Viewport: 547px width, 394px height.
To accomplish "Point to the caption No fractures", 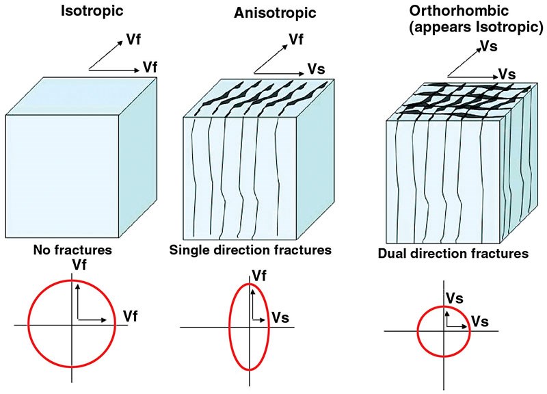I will pyautogui.click(x=72, y=250).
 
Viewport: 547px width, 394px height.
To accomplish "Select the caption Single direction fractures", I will pyautogui.click(x=250, y=250).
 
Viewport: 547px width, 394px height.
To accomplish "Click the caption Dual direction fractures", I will pyautogui.click(x=453, y=254).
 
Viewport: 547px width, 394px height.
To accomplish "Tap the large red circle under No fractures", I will pyautogui.click(x=29, y=323).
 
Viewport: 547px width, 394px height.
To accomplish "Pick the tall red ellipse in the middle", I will pyautogui.click(x=230, y=321).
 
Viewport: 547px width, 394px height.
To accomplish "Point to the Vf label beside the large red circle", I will pyautogui.click(x=131, y=315).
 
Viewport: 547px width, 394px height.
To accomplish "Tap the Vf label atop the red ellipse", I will pyautogui.click(x=260, y=276).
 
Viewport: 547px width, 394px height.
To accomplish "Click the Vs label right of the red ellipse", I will pyautogui.click(x=280, y=317).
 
